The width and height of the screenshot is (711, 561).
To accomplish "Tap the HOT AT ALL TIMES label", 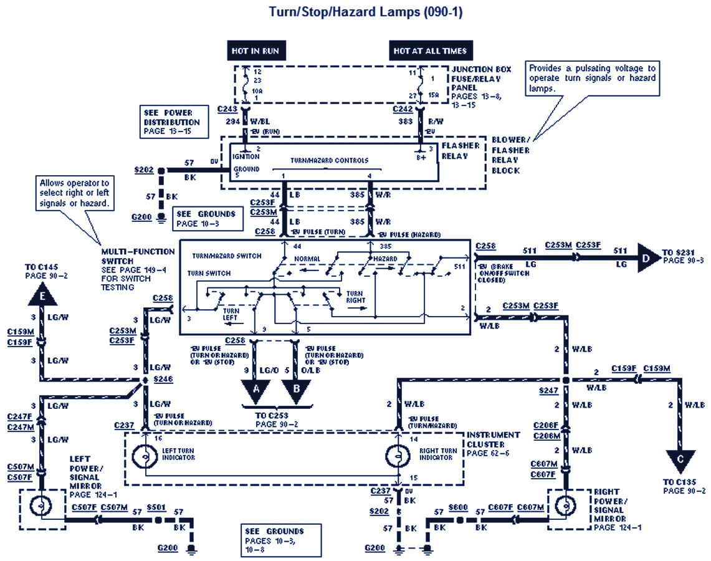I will click(x=429, y=51).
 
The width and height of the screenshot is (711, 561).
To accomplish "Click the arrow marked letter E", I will click(x=42, y=297).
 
